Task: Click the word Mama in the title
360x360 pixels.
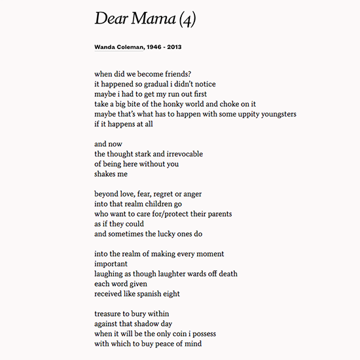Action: coord(152,19)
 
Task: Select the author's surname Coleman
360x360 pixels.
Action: coord(130,47)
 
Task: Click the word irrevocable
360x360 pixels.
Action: coord(181,154)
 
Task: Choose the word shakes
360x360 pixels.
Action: coord(105,174)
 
